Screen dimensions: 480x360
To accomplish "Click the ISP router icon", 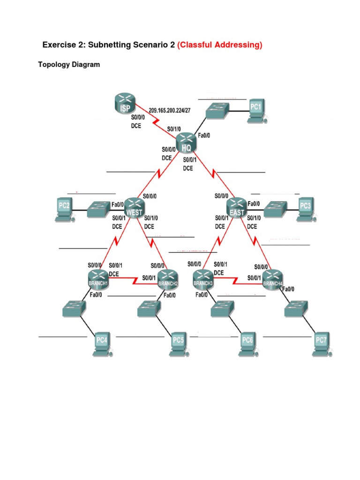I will [124, 105].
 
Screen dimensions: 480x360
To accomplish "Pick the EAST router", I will [236, 207].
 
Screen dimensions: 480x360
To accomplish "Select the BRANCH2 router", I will [167, 278].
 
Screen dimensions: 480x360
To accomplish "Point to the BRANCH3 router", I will [203, 278].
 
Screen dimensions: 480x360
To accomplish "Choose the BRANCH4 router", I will [273, 278].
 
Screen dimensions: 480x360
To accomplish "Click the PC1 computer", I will [256, 111].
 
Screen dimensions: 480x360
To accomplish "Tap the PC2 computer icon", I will [65, 209].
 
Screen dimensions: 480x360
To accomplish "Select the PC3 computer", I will [306, 209].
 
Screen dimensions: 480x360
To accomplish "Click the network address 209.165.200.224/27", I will [170, 111].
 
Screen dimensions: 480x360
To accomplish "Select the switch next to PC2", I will [99, 209].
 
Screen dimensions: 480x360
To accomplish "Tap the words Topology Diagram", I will [69, 65].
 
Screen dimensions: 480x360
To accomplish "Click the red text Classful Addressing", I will [220, 45].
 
